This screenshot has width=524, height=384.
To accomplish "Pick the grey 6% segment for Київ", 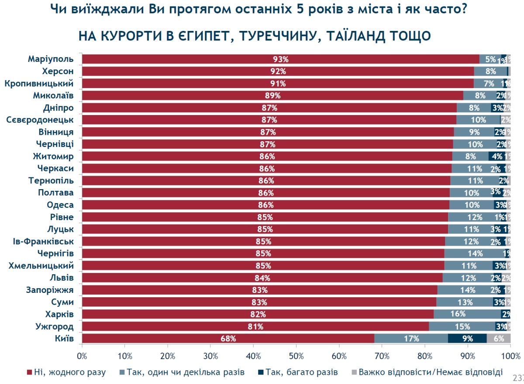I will (x=498, y=338).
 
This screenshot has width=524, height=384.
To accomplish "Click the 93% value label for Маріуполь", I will (x=281, y=59).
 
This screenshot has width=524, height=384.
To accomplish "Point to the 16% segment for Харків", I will (x=467, y=314).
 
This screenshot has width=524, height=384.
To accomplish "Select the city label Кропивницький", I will (x=38, y=83).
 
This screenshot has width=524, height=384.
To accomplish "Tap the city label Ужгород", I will (x=53, y=326).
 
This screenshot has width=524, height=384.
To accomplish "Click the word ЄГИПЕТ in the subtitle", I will (x=202, y=36).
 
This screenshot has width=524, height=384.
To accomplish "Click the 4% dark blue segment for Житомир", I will (x=496, y=156).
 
